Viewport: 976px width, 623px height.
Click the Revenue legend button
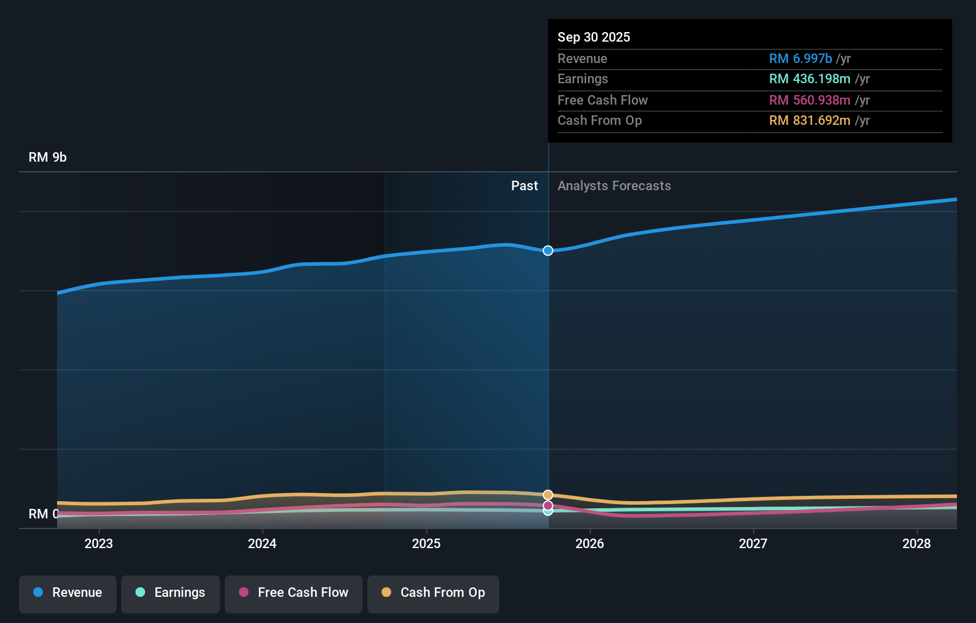click(68, 593)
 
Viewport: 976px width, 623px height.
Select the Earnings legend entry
click(170, 593)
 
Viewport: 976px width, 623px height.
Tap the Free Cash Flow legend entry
click(293, 593)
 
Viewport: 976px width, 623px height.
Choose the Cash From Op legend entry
click(433, 593)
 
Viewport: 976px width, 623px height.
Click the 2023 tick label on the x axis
click(99, 543)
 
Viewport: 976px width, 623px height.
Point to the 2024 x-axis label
click(262, 543)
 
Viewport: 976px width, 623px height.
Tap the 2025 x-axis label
click(426, 543)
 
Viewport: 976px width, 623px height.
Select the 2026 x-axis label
click(590, 543)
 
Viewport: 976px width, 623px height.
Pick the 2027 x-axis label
click(753, 543)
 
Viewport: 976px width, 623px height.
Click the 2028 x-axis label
click(917, 543)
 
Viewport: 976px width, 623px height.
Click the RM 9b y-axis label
click(48, 158)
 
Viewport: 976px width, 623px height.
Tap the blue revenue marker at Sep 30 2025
click(548, 251)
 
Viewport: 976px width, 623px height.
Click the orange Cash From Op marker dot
click(548, 495)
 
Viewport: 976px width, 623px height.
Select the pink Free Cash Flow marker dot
click(548, 505)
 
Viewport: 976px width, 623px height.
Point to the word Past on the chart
click(524, 186)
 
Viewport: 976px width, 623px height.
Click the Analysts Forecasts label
click(614, 186)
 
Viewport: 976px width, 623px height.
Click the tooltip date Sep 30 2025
click(594, 37)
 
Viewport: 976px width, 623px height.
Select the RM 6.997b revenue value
click(800, 59)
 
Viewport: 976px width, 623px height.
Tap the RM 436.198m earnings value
click(809, 79)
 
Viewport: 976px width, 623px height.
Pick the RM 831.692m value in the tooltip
click(809, 121)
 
